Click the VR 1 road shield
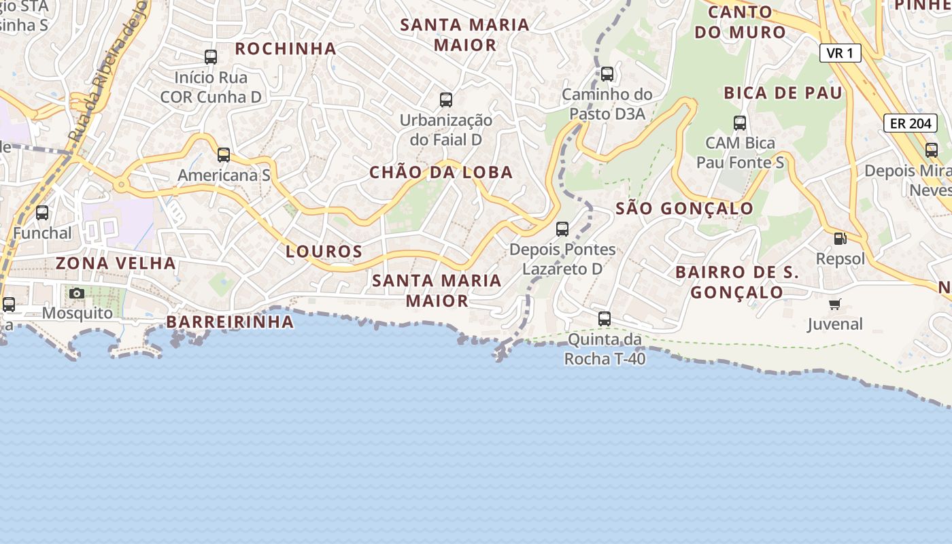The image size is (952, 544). point(840,53)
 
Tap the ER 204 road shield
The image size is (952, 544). point(911,123)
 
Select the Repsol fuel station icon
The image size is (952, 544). point(840,239)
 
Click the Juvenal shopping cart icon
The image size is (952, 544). point(834,304)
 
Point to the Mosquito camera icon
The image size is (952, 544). point(77,293)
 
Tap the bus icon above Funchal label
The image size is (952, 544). point(42,213)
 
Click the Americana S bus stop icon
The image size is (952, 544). point(224,155)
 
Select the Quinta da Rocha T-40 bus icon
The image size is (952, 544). point(605,318)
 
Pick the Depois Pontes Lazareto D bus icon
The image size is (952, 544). point(562,229)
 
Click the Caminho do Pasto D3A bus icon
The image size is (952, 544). point(607,74)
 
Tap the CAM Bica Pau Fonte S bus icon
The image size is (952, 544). point(740,123)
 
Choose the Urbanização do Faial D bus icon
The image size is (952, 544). point(446,100)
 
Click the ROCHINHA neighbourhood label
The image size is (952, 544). point(286,48)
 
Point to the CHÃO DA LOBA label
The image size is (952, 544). point(441,172)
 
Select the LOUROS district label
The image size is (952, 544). point(324,252)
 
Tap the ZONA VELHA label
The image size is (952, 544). point(116,263)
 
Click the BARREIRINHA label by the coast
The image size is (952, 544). point(230,322)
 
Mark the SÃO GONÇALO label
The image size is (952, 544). point(684,209)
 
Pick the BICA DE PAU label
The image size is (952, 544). point(783,93)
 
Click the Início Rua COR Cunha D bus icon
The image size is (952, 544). point(211,57)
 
